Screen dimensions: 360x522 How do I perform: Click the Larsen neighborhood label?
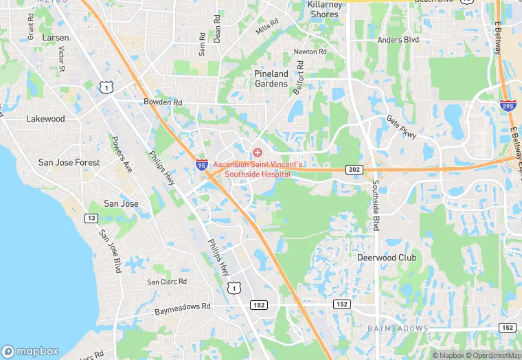click(x=56, y=37)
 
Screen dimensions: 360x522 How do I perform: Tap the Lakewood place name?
click(x=45, y=119)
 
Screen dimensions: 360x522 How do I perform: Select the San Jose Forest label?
click(x=69, y=163)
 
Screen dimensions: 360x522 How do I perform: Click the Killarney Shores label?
click(x=324, y=10)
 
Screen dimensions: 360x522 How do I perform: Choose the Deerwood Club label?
click(x=387, y=258)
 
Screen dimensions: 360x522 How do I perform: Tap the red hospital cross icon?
click(x=257, y=152)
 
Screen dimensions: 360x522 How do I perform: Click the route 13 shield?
click(x=91, y=218)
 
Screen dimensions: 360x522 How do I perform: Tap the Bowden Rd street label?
click(x=163, y=102)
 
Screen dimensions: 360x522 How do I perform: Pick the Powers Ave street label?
click(x=122, y=154)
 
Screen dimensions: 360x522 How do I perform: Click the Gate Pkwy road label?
click(x=402, y=127)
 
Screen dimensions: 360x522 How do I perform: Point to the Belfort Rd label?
click(x=299, y=76)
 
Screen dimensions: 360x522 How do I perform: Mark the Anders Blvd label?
click(x=398, y=40)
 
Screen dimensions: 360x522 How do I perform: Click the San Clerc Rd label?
click(x=167, y=282)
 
